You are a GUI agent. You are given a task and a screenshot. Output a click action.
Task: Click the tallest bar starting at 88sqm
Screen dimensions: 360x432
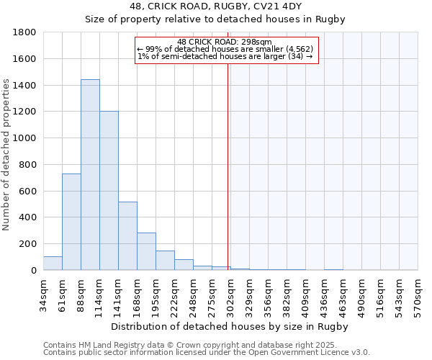pos(90,175)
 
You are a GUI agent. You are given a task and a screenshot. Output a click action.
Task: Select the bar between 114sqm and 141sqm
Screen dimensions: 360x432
pos(109,191)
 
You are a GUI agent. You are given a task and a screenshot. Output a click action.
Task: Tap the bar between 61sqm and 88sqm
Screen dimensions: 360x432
pos(71,222)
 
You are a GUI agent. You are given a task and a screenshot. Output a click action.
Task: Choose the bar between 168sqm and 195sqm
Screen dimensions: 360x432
pos(146,251)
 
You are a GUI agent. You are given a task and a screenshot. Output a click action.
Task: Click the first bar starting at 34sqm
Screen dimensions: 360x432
pos(53,264)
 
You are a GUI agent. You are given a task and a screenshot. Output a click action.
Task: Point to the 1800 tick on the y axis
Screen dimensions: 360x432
pos(25,33)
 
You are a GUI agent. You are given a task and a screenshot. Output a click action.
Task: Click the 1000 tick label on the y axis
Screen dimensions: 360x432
pos(25,138)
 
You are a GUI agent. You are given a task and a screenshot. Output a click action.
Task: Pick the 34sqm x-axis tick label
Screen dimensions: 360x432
pos(44,293)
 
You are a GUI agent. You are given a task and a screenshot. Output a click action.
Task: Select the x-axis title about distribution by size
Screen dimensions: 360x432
pos(230,327)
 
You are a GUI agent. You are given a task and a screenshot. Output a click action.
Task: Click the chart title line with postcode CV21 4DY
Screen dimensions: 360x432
pos(216,6)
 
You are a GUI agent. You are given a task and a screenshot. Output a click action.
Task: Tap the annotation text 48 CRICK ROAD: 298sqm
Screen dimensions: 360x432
pos(225,42)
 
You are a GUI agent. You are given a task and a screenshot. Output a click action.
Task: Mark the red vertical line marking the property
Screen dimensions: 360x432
pos(228,166)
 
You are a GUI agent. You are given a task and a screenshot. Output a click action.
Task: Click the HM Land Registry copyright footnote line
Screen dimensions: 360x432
pos(201,346)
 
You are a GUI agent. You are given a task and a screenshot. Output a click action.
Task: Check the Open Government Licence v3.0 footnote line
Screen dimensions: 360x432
pos(207,353)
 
